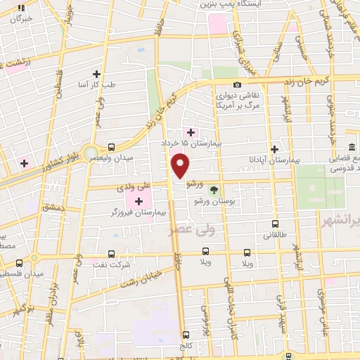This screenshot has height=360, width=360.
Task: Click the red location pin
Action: click(x=181, y=166)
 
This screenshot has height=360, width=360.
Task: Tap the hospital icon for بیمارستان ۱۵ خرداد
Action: click(x=191, y=131)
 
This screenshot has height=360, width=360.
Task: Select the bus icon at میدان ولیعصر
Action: click(x=112, y=147)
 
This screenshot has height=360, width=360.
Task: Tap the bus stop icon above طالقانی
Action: click(x=275, y=225)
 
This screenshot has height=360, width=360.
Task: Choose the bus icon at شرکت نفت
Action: click(x=111, y=254)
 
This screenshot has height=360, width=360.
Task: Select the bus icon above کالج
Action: click(x=186, y=335)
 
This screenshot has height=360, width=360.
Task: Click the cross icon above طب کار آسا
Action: click(x=96, y=74)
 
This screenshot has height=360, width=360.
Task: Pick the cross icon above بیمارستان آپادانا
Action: click(x=275, y=149)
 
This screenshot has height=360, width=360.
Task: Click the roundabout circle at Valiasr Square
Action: click(x=90, y=153)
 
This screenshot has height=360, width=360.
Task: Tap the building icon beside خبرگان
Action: click(x=21, y=8)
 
